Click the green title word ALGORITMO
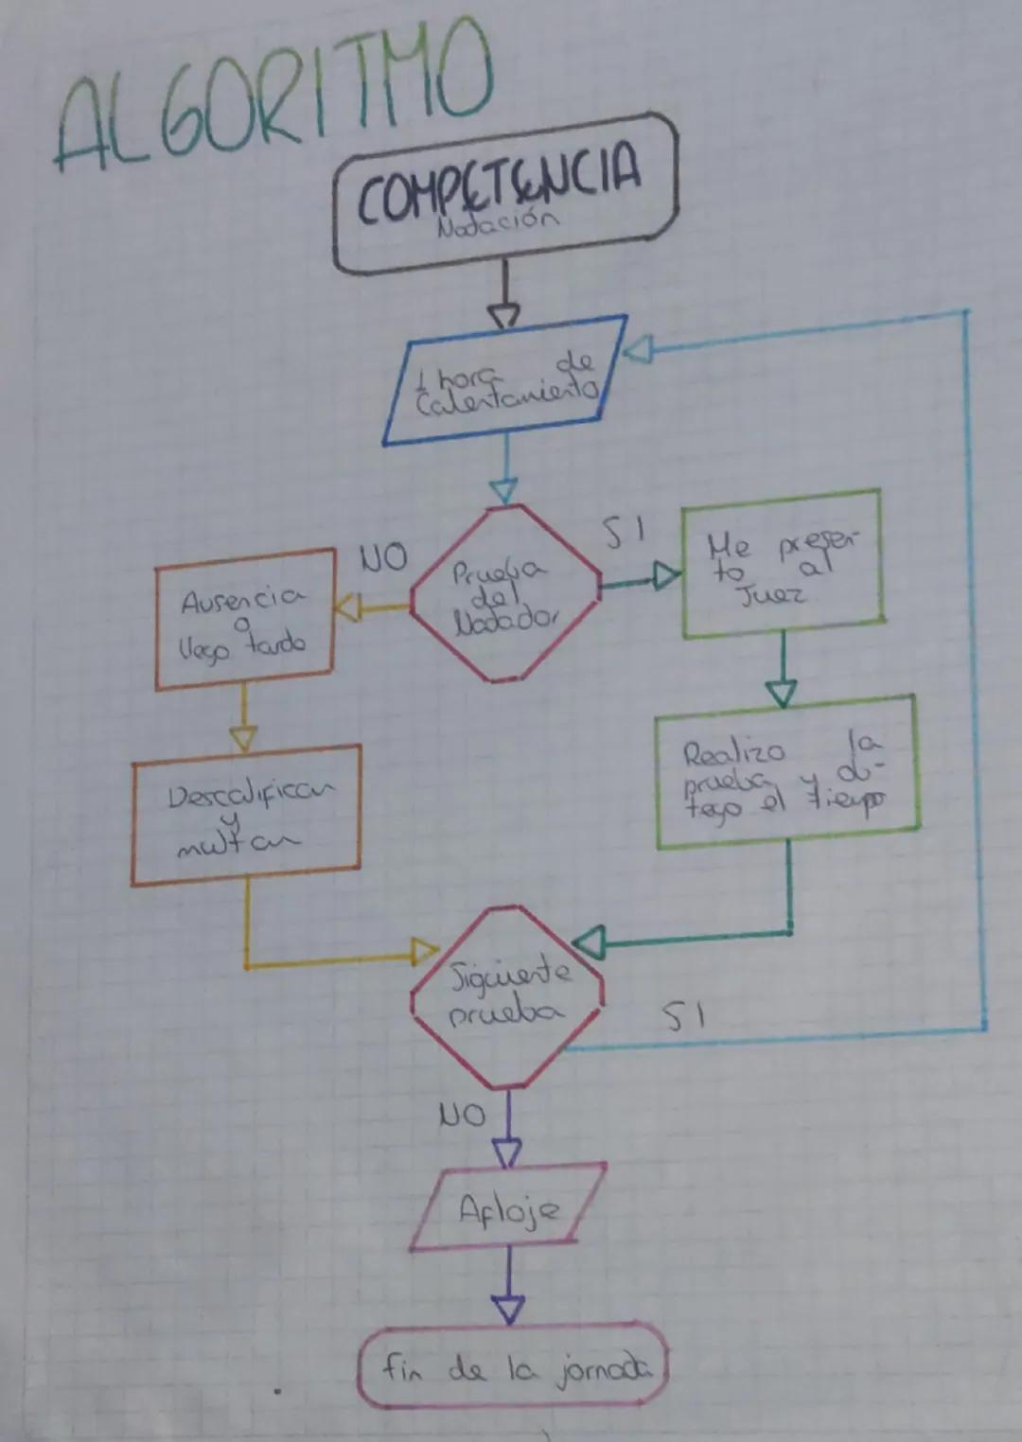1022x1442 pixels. click(x=274, y=99)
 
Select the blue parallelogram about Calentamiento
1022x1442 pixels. click(x=504, y=381)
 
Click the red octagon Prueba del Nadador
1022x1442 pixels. click(x=504, y=594)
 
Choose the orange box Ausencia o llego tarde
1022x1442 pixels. click(x=245, y=620)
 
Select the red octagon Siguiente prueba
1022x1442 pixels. click(x=507, y=996)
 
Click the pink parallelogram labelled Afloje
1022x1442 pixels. click(x=508, y=1208)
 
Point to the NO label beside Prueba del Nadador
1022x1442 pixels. click(x=383, y=558)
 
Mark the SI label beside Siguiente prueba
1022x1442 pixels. click(x=682, y=1017)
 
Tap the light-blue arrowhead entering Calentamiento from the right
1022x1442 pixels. click(x=638, y=350)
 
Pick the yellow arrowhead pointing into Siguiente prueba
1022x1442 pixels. click(x=425, y=952)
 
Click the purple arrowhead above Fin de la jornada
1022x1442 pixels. click(x=508, y=1310)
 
